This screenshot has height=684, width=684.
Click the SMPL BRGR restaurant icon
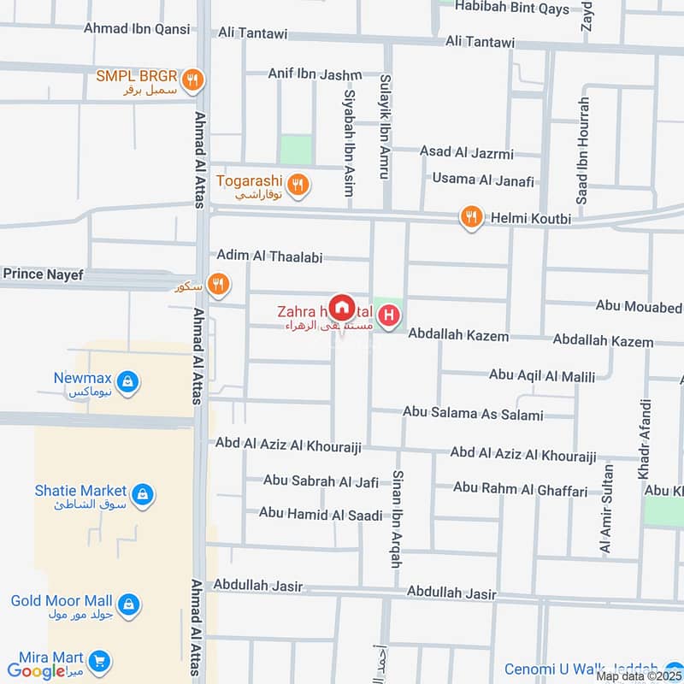(x=195, y=79)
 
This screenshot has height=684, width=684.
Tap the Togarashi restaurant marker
(x=298, y=184)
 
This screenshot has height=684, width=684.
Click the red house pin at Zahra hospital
(x=341, y=307)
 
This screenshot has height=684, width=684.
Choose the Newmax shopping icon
(x=127, y=381)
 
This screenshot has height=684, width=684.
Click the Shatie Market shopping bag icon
(x=143, y=494)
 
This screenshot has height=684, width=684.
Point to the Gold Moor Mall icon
(x=128, y=604)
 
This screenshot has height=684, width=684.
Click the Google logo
(x=38, y=671)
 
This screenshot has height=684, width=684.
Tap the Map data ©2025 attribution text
(x=639, y=676)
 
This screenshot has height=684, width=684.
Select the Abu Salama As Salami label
(x=473, y=415)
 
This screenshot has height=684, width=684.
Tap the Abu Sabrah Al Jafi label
(x=321, y=481)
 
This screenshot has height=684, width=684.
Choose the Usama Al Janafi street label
(x=483, y=180)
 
